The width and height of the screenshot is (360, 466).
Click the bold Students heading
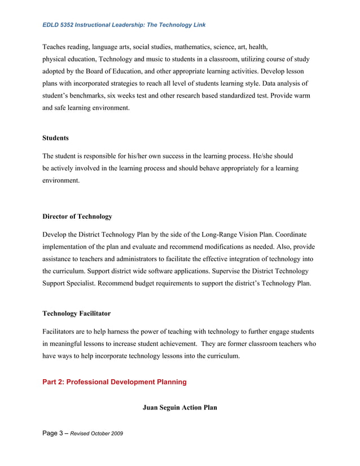click(x=55, y=138)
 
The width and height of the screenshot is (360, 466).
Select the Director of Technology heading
click(x=77, y=216)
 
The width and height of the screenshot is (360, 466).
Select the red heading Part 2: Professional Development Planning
click(x=115, y=382)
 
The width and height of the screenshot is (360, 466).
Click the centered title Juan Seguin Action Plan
click(x=179, y=407)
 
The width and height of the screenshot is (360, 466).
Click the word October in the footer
click(x=97, y=433)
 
